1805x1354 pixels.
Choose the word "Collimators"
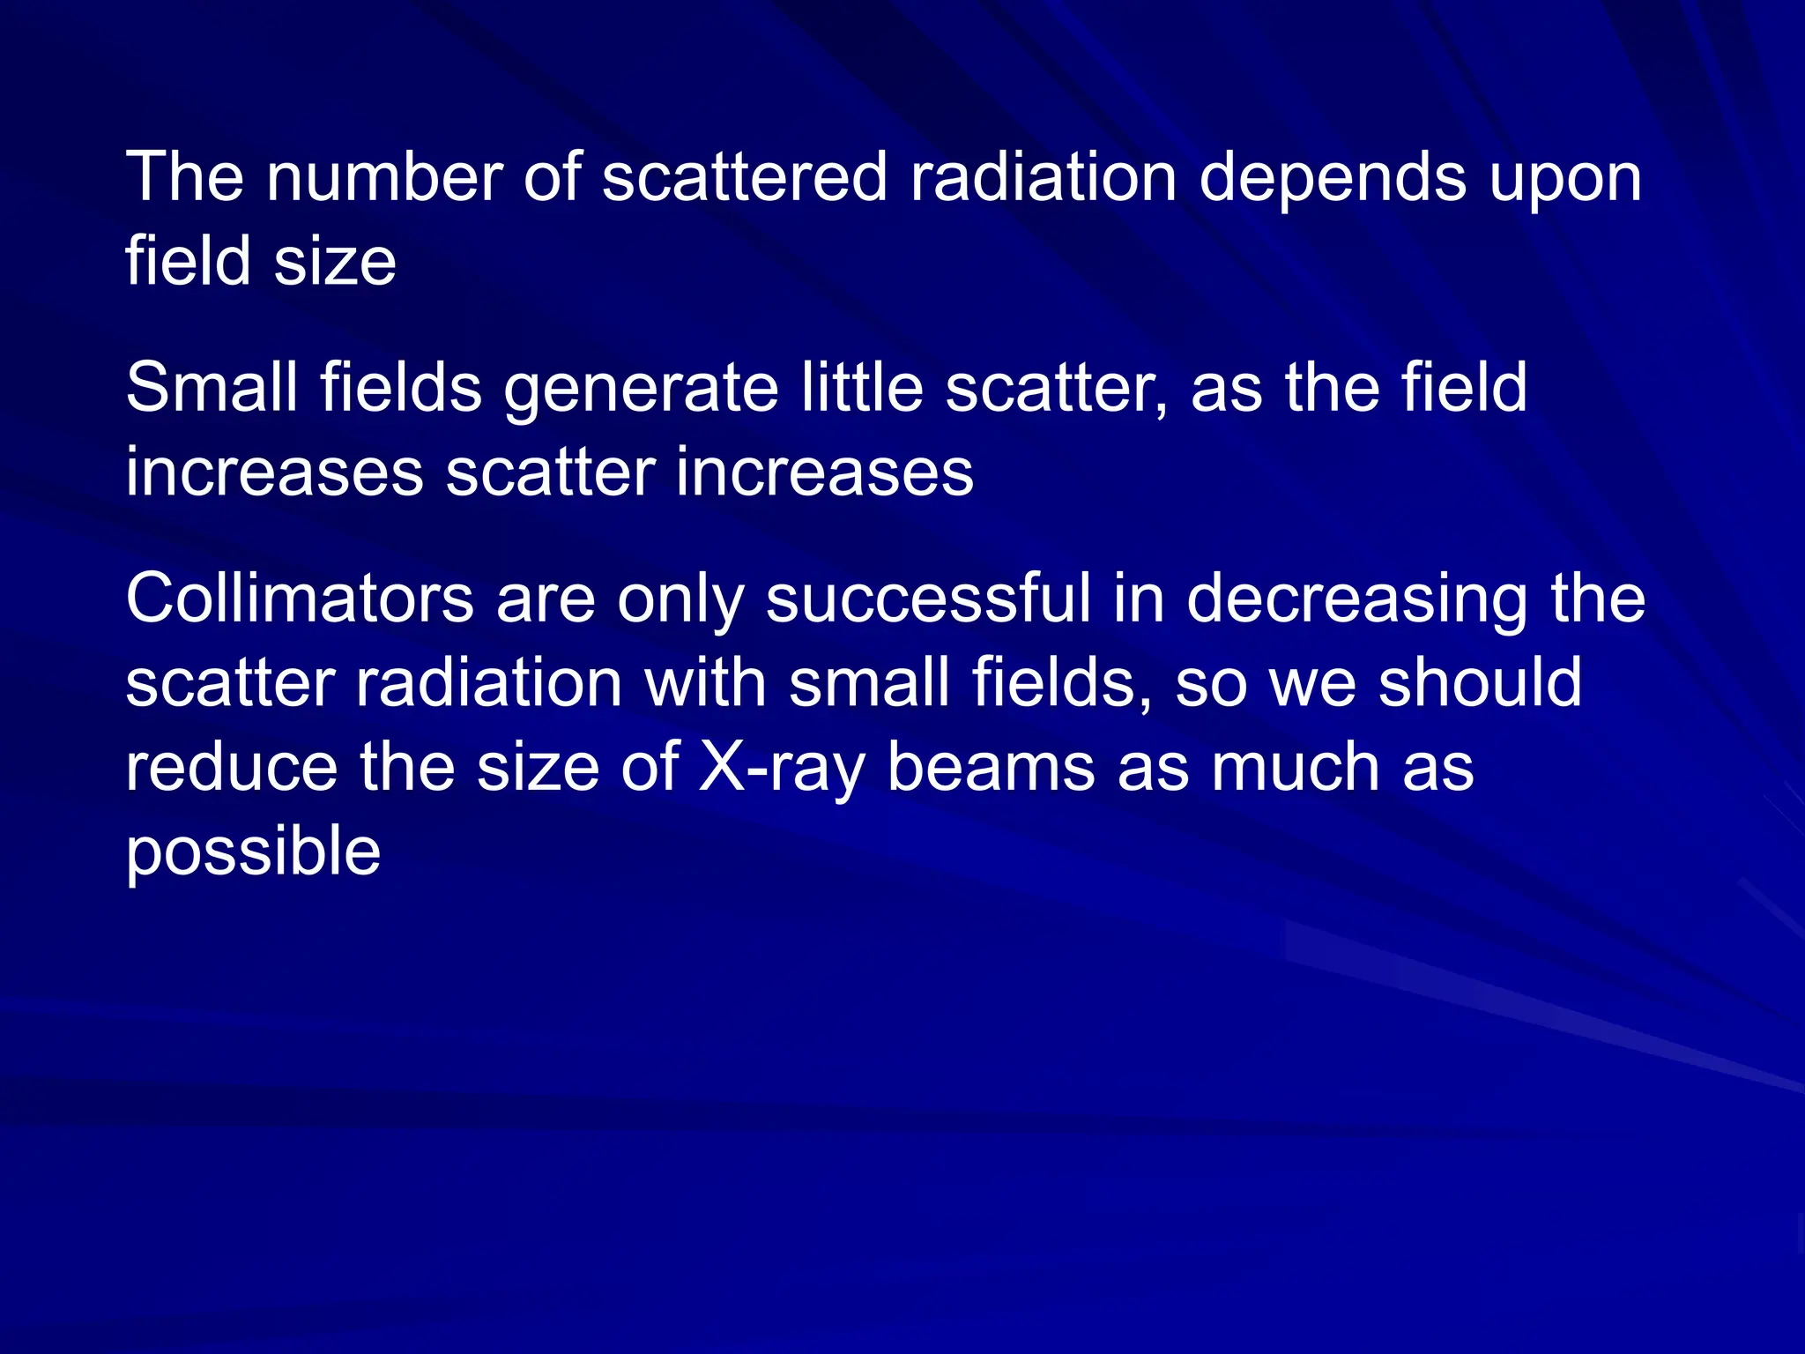coord(300,599)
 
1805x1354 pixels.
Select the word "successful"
coord(928,599)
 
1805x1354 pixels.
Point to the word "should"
coord(1481,683)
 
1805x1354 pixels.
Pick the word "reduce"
coord(231,767)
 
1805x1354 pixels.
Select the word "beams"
coord(991,767)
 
